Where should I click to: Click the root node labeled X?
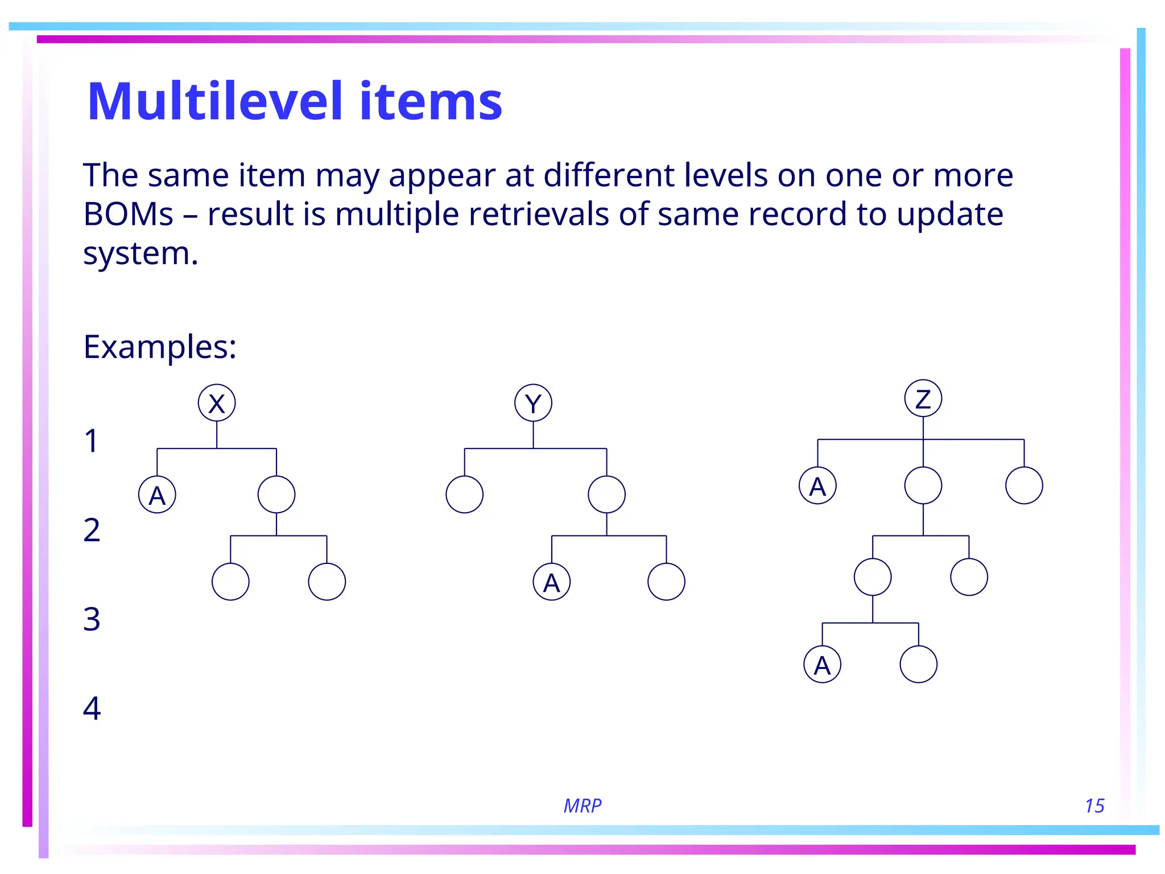coord(217,403)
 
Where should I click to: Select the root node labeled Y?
coord(533,403)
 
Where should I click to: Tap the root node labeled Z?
coord(923,398)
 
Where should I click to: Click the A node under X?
coord(157,494)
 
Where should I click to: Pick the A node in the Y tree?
coord(551,582)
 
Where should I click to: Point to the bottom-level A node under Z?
coord(822,664)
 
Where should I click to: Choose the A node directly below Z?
coord(817,485)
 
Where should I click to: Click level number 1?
coord(91,441)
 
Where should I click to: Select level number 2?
coord(92,530)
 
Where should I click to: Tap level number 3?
coord(92,619)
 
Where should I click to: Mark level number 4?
coord(92,708)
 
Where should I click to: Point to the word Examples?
coord(160,347)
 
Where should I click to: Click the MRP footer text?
coord(582,806)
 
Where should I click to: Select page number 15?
coord(1094,806)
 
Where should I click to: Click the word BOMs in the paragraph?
coord(128,215)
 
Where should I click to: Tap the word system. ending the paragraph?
coord(141,253)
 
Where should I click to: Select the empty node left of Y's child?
coord(465,494)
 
